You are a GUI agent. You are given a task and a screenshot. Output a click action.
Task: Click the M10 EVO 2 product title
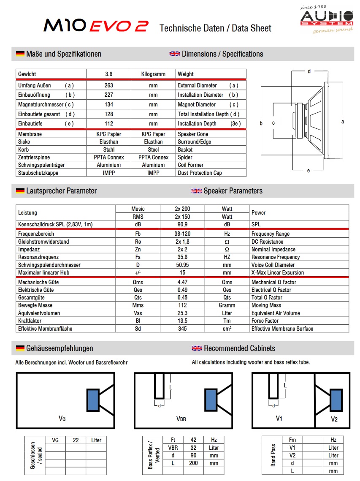click(96, 27)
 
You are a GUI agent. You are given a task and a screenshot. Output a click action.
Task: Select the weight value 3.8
click(108, 74)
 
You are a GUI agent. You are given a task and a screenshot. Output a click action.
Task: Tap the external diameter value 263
click(108, 85)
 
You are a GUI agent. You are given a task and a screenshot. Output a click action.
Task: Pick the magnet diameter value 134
click(108, 105)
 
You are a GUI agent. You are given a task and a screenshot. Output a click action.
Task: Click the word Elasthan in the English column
click(153, 142)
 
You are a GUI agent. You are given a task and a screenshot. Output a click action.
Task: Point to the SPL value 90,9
click(182, 225)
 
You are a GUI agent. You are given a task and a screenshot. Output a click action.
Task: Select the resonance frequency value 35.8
click(182, 257)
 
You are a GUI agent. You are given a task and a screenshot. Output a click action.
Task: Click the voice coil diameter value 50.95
click(182, 265)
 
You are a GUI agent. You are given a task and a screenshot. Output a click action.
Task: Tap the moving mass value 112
click(182, 305)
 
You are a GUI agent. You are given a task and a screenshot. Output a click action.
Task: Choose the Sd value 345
click(182, 329)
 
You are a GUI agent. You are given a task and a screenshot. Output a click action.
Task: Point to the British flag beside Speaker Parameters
click(197, 191)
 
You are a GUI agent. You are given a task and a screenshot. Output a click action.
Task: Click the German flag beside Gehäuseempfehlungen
click(20, 348)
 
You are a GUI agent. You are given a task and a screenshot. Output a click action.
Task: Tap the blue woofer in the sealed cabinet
click(93, 400)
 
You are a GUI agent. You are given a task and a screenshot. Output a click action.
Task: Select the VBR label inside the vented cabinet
click(181, 419)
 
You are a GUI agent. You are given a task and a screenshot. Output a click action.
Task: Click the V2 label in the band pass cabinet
click(334, 419)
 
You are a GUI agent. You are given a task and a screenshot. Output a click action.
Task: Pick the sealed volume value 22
click(76, 440)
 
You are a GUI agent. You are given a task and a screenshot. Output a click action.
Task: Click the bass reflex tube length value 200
click(193, 463)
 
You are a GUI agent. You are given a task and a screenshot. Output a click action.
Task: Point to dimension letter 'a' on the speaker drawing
click(342, 122)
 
